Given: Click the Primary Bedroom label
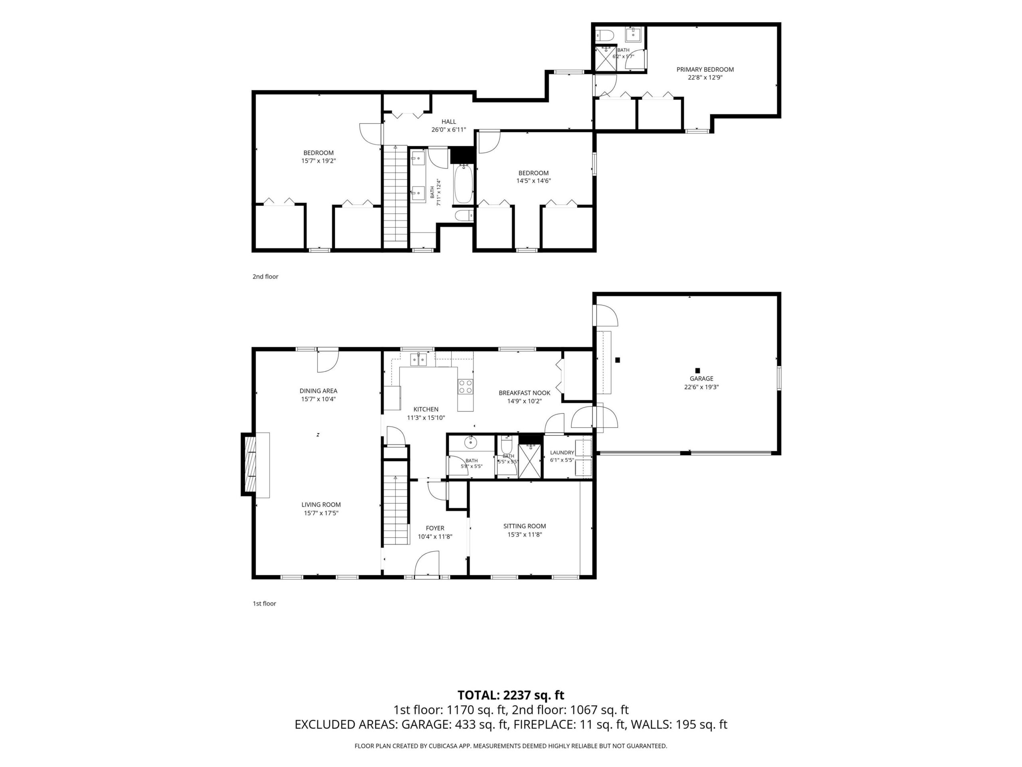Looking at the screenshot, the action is [705, 70].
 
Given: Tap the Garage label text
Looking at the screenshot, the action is [701, 379].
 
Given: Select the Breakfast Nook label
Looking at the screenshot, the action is [525, 393].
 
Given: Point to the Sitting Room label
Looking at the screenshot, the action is [525, 526].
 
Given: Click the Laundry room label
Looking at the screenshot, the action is [562, 453].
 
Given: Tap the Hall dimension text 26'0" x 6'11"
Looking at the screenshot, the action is [449, 130].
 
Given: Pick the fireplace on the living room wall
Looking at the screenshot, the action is [255, 465].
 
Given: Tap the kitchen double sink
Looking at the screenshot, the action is [419, 359].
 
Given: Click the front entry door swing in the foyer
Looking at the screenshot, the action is [426, 564].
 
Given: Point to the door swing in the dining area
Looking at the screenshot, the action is [328, 361].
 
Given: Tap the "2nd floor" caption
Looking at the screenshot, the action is [265, 276].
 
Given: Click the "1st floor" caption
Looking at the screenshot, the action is [264, 603].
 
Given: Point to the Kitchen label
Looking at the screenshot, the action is [426, 409].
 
